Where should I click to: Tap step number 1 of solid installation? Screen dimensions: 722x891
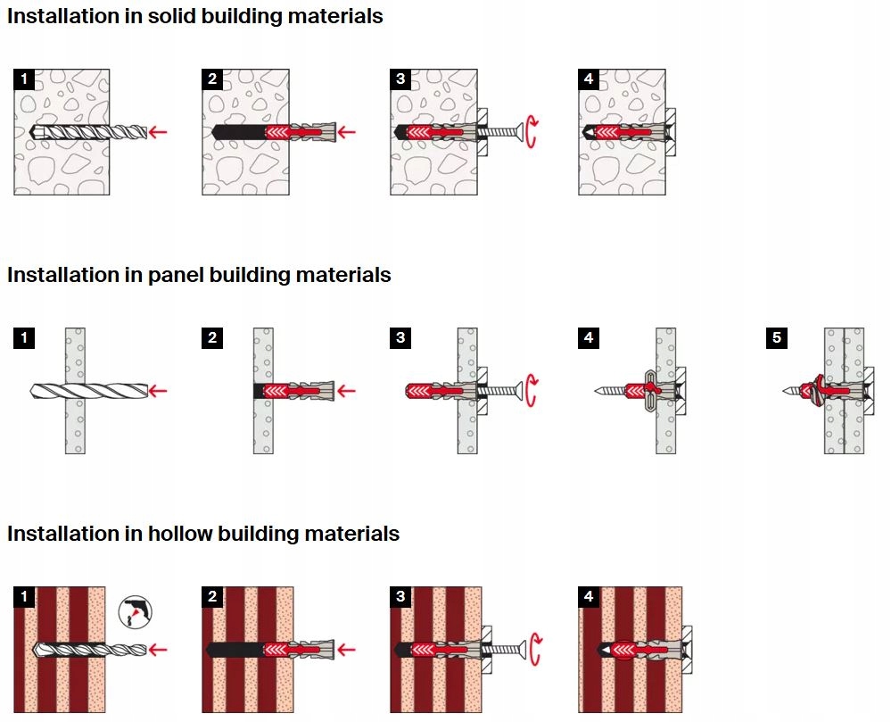pos(24,79)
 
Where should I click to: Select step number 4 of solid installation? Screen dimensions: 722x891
pos(589,79)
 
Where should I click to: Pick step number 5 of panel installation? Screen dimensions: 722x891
pos(777,338)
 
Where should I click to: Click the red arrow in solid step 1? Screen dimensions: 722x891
pos(158,132)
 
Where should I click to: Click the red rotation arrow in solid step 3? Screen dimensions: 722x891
pos(532,132)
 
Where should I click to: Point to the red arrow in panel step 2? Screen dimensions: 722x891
pos(346,391)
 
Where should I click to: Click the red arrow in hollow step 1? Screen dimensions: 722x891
pos(158,649)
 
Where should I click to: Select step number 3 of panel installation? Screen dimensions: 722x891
pos(400,338)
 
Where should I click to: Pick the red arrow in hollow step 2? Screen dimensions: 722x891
pos(346,649)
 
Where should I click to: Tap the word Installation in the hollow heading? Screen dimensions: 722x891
pos(59,534)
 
